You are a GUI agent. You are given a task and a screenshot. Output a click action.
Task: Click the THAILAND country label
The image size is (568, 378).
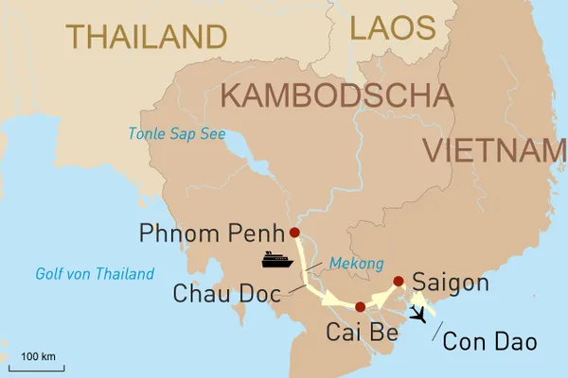[147, 36]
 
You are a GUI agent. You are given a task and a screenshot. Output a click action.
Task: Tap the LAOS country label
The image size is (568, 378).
[391, 27]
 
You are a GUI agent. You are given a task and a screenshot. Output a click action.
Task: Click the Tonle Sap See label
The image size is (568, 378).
[178, 133]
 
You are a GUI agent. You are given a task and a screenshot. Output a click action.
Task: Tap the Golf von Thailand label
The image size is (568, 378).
[94, 274]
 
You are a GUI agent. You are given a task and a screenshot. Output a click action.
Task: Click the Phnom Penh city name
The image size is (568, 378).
[212, 232]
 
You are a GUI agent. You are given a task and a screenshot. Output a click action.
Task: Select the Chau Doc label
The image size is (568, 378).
[227, 293]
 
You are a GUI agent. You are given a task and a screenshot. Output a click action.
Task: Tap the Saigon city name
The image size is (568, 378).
[452, 283]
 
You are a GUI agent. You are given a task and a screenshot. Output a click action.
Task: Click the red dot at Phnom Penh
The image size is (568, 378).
[294, 232]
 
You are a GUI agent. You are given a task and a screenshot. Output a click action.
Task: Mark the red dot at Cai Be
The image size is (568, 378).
[361, 307]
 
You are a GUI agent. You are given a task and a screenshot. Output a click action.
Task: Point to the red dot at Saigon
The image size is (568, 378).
[399, 280]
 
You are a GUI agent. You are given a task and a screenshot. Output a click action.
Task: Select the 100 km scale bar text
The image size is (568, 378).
[39, 355]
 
